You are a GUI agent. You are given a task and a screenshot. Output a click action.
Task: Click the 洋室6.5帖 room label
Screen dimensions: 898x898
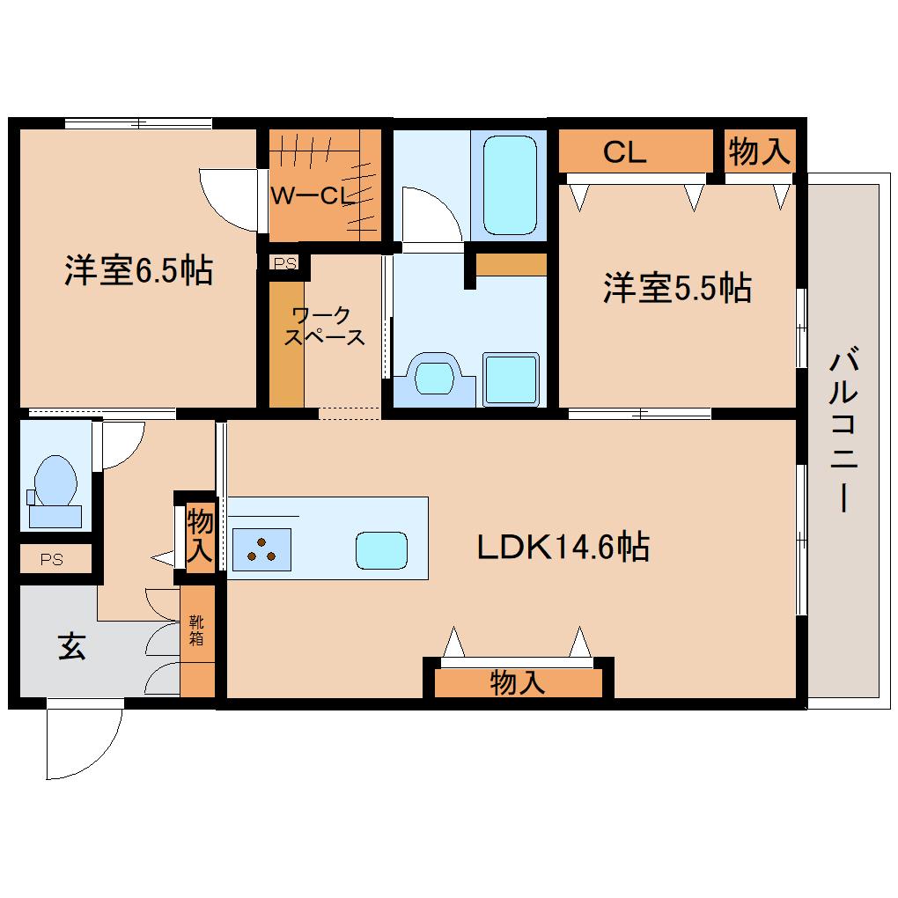138,269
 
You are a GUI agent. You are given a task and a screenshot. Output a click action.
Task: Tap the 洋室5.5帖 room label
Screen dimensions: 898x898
677,288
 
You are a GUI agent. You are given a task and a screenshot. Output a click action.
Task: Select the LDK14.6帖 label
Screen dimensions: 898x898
563,547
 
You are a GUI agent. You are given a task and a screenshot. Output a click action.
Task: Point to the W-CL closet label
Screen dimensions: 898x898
313,195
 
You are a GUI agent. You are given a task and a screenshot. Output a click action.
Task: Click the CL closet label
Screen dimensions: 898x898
624,152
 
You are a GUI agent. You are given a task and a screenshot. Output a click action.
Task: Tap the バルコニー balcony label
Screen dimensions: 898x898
843,429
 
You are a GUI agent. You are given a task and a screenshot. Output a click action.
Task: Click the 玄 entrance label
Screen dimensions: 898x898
72,646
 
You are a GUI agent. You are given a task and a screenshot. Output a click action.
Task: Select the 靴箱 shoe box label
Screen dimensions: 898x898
196,630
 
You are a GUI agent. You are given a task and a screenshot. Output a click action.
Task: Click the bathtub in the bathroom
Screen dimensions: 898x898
510,185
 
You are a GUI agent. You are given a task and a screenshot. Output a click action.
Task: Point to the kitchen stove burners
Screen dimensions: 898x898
261,549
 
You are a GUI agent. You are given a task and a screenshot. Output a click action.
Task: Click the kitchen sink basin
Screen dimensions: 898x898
381,550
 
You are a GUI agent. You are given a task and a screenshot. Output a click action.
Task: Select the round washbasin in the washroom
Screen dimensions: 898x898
435,378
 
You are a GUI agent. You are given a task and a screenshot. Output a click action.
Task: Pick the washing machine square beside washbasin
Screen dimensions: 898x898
511,379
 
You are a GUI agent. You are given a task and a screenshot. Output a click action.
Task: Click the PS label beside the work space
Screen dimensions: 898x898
284,263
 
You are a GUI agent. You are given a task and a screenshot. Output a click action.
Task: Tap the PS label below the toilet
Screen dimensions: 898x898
52,559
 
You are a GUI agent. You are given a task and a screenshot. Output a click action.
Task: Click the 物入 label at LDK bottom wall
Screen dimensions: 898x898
517,682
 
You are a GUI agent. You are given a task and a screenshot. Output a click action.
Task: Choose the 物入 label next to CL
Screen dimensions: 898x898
760,151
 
